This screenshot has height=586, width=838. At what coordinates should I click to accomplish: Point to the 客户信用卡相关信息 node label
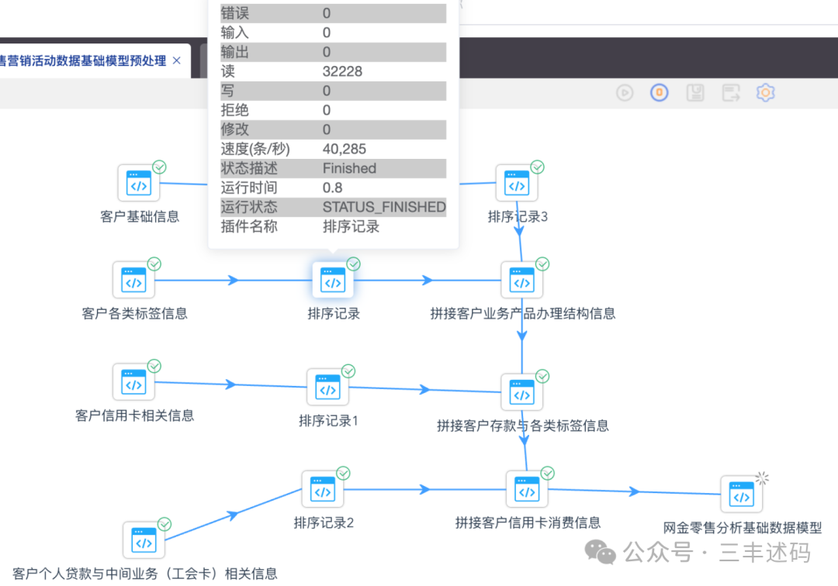pos(135,415)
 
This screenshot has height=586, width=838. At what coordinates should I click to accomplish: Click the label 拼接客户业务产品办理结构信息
pos(523,314)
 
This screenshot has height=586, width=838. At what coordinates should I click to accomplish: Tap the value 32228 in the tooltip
pos(342,71)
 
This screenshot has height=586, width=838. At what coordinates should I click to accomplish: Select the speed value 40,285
pos(344,149)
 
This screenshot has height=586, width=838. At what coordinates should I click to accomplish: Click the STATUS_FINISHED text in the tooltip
pos(384,207)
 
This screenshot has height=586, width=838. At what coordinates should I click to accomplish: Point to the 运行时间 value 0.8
pos(332,188)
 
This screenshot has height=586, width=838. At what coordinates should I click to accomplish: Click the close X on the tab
pos(177,60)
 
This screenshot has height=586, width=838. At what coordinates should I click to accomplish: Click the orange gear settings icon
pos(765,93)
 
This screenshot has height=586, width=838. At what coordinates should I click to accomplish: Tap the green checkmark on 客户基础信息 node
pos(160,167)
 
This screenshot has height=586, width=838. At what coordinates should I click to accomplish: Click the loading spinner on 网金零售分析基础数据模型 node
pos(762,477)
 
